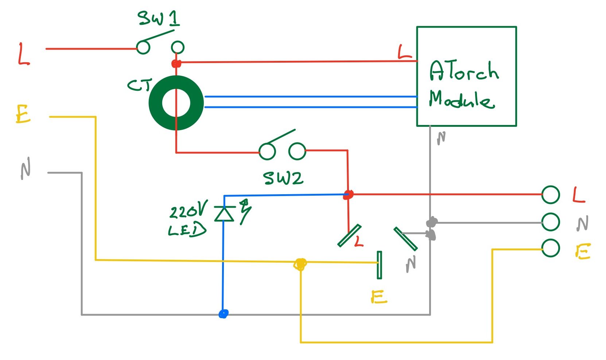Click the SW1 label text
(159, 18)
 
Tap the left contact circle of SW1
(143, 47)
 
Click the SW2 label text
(283, 178)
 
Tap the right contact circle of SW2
(297, 151)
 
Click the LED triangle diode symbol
(224, 214)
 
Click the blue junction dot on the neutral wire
(223, 314)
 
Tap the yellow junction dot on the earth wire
(300, 264)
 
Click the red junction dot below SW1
(176, 64)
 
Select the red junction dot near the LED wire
(348, 195)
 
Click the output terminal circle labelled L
(550, 195)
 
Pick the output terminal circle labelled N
(550, 222)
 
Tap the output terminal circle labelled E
(550, 248)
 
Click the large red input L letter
(24, 55)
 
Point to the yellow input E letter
(23, 114)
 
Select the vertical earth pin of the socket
(379, 265)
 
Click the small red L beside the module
(404, 53)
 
